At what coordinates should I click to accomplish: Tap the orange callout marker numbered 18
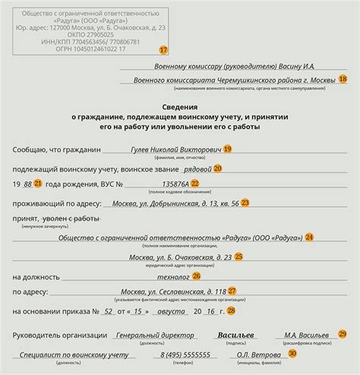pos(343,80)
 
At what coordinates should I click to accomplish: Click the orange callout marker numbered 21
pos(39,183)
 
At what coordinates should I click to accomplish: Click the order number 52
pos(109,310)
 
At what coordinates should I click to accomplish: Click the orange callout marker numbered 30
pos(292,353)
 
